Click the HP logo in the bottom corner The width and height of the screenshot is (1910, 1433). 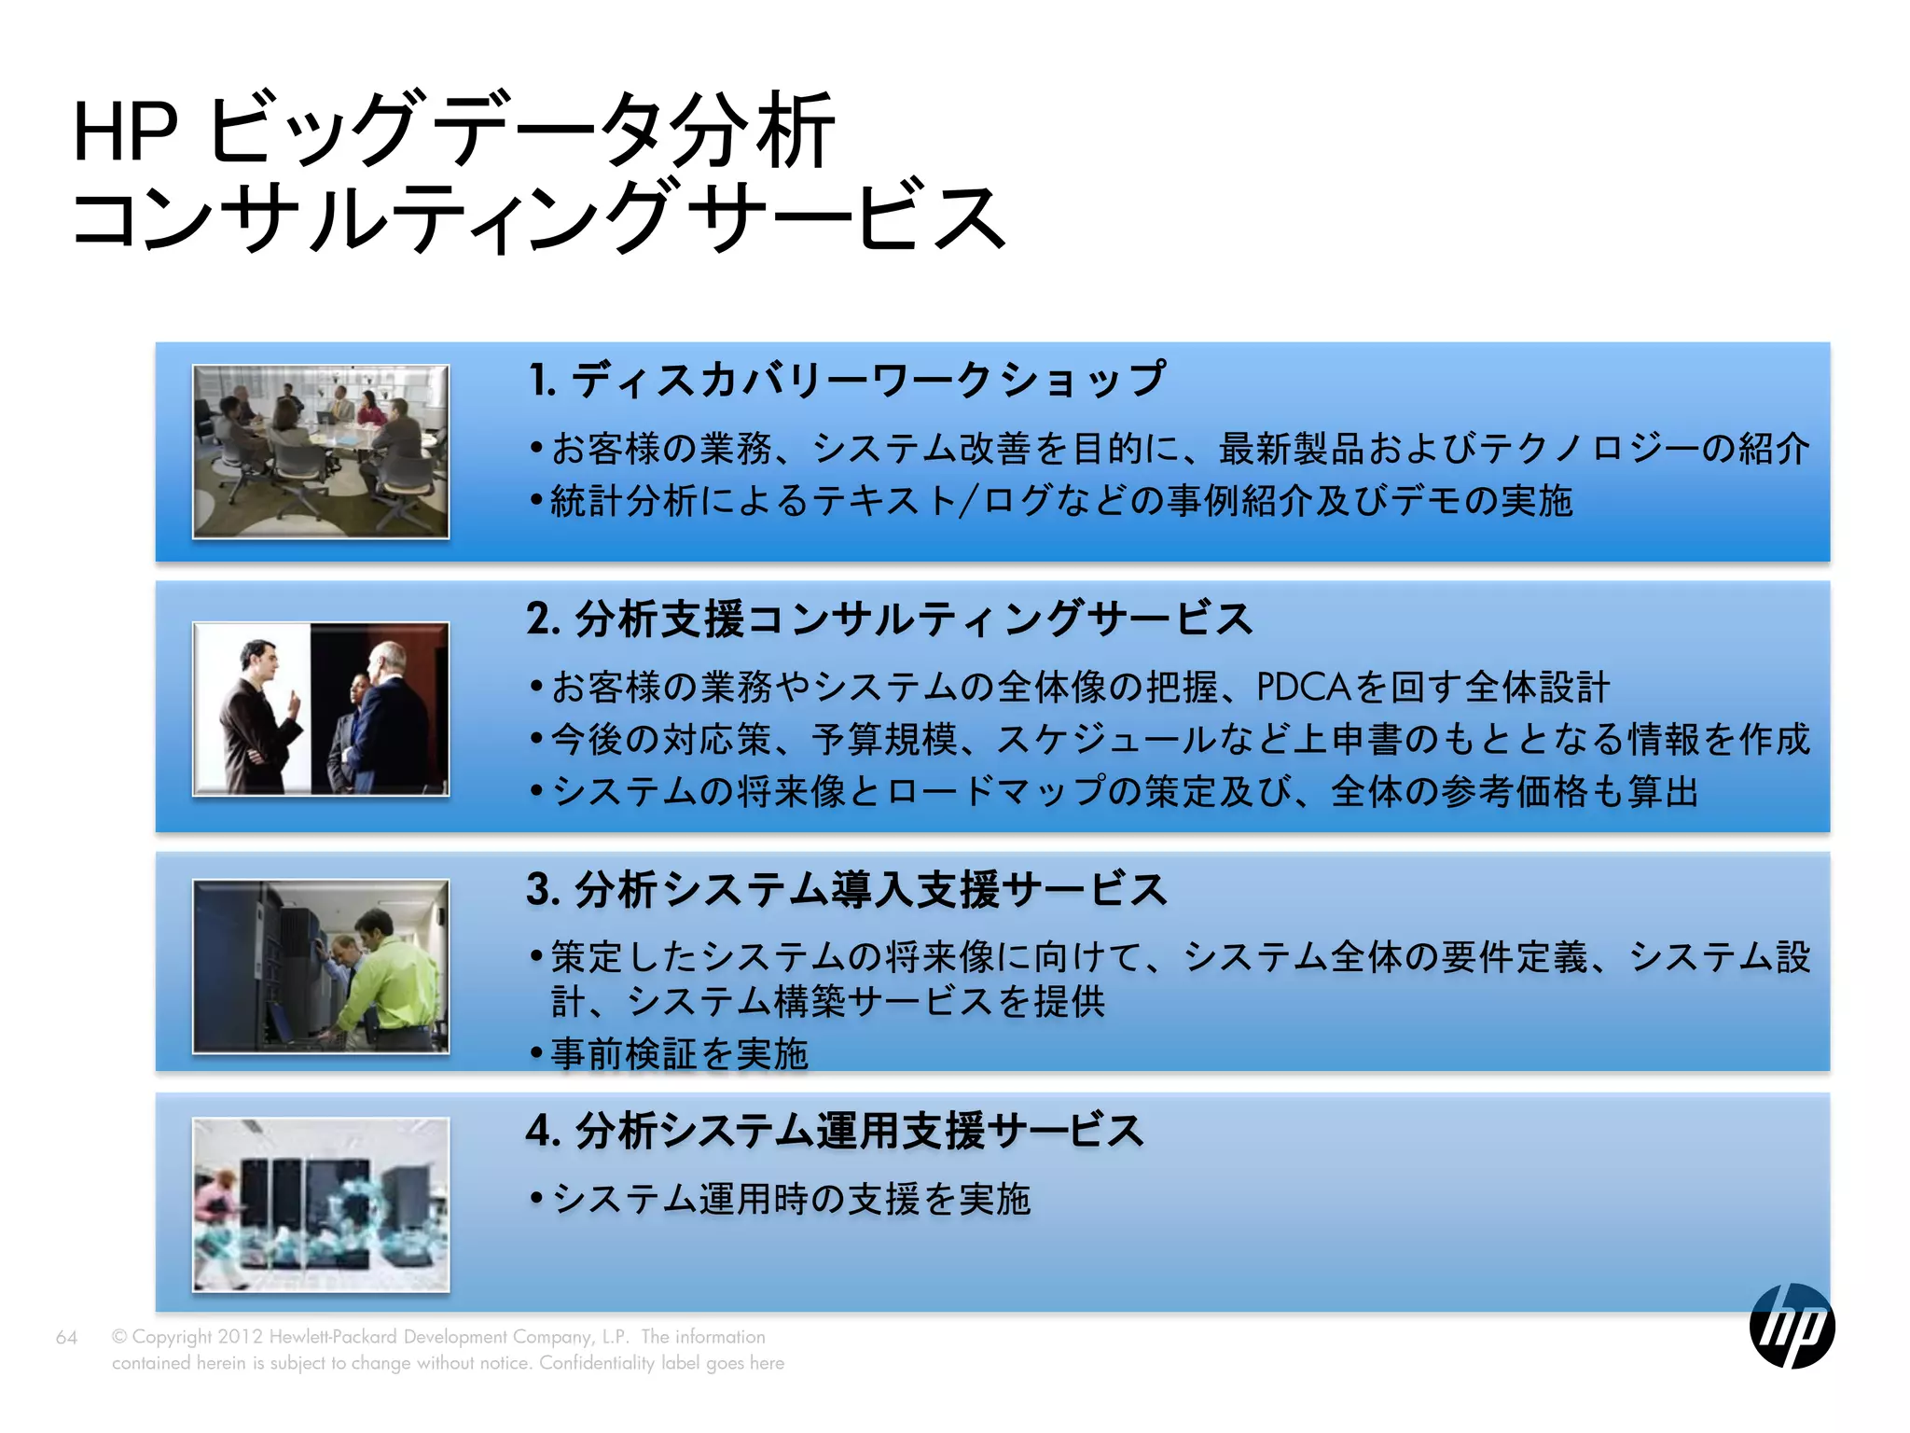(x=1792, y=1325)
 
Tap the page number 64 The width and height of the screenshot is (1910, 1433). (x=66, y=1337)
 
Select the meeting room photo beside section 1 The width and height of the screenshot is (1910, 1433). (x=321, y=452)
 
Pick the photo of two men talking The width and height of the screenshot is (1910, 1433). (x=321, y=708)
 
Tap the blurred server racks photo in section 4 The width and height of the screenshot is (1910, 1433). (x=321, y=1204)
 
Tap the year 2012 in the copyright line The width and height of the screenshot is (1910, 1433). (x=240, y=1337)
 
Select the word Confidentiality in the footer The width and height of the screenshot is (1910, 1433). (x=597, y=1363)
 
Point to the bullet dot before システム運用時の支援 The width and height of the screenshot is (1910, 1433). (x=536, y=1198)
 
